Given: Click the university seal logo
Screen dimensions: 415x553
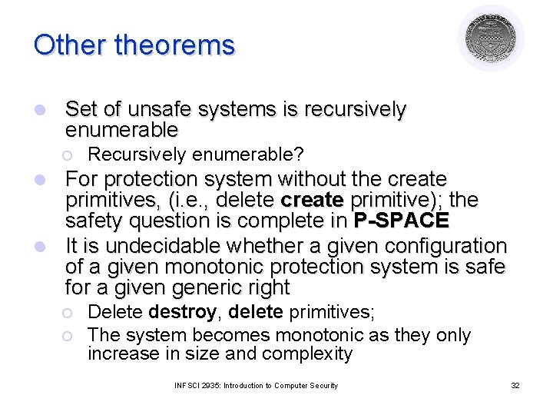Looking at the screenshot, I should pyautogui.click(x=491, y=38).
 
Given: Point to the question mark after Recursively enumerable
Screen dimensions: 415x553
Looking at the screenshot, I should pyautogui.click(x=300, y=154).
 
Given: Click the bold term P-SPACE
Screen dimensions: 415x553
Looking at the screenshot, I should pyautogui.click(x=401, y=221).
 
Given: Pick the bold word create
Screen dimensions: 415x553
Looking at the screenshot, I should pyautogui.click(x=313, y=201).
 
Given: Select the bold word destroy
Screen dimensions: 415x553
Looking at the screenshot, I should pyautogui.click(x=183, y=313).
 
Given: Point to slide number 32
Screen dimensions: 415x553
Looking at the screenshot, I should pyautogui.click(x=515, y=385).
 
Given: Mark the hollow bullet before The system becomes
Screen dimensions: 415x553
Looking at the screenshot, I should pyautogui.click(x=68, y=336).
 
